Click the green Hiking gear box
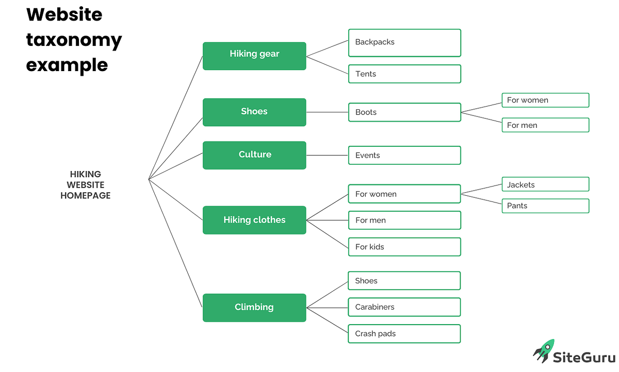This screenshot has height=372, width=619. coord(254,56)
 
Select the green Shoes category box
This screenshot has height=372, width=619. coord(254,112)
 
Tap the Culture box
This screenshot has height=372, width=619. coord(254,155)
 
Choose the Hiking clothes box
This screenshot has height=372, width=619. coord(254,220)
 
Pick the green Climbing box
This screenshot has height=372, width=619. coord(254,308)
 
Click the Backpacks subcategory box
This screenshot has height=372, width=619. coord(404,43)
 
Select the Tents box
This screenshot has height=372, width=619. coord(404,74)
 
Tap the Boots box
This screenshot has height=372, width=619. coord(404,112)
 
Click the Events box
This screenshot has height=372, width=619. coord(404,155)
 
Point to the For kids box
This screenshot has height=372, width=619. coord(404,247)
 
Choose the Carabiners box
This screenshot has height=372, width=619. coord(404,307)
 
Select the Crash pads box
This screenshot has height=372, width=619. coord(404,334)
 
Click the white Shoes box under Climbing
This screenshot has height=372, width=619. coord(404,281)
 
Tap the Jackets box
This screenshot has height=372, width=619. coord(545,184)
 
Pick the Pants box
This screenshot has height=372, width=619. coord(545,206)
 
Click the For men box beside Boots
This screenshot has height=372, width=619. coord(545,125)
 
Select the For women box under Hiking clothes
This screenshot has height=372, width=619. coord(404,194)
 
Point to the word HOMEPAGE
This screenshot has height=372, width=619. coord(85,196)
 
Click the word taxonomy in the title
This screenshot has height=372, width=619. coord(74,40)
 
